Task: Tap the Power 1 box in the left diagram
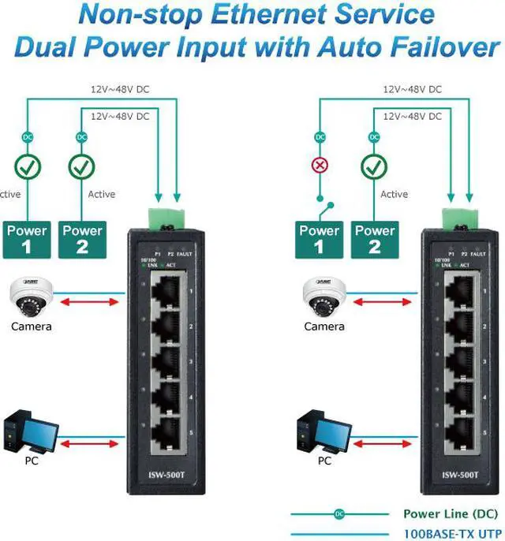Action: tap(27, 238)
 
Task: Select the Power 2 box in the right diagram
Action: tap(375, 238)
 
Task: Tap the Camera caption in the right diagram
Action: tap(324, 326)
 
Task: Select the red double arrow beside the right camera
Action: tap(382, 302)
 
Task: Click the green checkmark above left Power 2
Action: tap(82, 167)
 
